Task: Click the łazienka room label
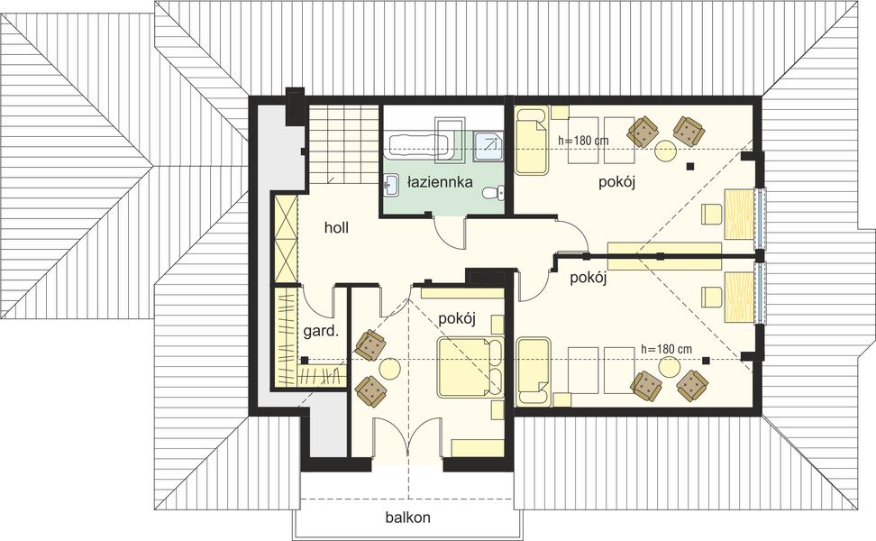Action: (x=440, y=182)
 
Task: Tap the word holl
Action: (x=336, y=228)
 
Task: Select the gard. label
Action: (x=320, y=331)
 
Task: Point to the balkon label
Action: (x=407, y=518)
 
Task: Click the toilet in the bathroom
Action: (x=493, y=192)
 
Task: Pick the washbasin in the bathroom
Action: (x=391, y=183)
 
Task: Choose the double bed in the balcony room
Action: (x=470, y=367)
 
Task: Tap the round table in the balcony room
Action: (x=390, y=368)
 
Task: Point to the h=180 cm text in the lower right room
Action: (x=665, y=348)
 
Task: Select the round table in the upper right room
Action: (x=666, y=151)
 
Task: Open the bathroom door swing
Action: (x=448, y=233)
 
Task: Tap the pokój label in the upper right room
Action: (x=617, y=183)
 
